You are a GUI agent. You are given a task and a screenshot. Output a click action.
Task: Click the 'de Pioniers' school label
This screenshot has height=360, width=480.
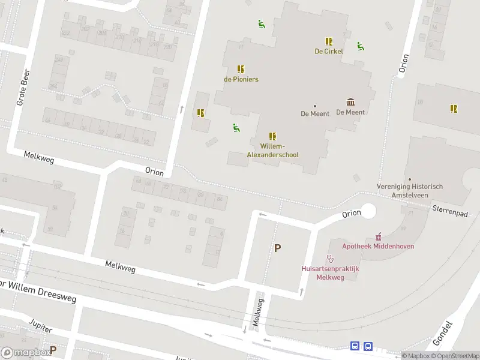click(x=241, y=79)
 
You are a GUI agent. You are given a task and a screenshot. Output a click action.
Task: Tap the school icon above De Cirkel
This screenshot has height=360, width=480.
click(x=329, y=41)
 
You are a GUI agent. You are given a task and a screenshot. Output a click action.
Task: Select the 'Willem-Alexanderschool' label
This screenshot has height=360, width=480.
click(x=272, y=151)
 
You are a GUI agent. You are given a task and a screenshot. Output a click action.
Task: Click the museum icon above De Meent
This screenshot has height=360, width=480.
click(x=350, y=102)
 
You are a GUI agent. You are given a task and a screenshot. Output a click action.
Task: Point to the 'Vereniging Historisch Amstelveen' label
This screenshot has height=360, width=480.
click(x=410, y=190)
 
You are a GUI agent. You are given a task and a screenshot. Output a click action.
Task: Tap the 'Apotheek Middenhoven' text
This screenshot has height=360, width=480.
click(x=378, y=246)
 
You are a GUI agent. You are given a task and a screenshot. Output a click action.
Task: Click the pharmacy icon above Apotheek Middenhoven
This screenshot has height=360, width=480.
click(x=378, y=236)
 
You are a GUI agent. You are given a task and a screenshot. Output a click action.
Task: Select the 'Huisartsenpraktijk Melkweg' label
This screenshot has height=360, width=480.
click(x=330, y=273)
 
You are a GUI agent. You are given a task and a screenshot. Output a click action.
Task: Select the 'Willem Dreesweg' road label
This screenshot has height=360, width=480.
click(x=37, y=288)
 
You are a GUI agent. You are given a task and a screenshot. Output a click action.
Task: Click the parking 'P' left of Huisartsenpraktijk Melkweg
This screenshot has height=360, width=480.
click(x=277, y=248)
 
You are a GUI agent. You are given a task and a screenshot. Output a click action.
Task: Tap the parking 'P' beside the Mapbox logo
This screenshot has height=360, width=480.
click(x=53, y=350)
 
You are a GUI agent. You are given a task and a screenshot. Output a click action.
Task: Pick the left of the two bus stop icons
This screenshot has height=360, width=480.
click(x=355, y=346)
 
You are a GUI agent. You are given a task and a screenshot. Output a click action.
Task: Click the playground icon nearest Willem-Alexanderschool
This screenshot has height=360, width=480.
click(x=236, y=127)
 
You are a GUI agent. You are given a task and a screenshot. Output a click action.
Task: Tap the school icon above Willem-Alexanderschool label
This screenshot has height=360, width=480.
click(x=272, y=136)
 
